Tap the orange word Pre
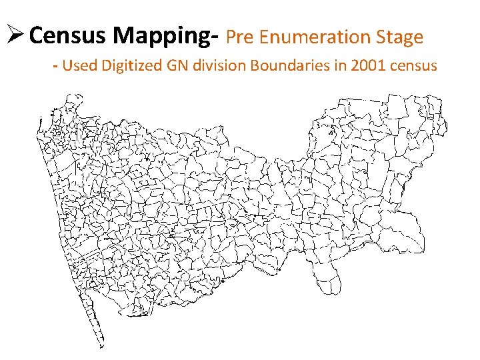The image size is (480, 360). coord(241,37)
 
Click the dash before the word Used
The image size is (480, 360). coord(56,66)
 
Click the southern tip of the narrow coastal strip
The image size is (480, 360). coord(101,345)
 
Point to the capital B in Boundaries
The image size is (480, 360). coord(249,65)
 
